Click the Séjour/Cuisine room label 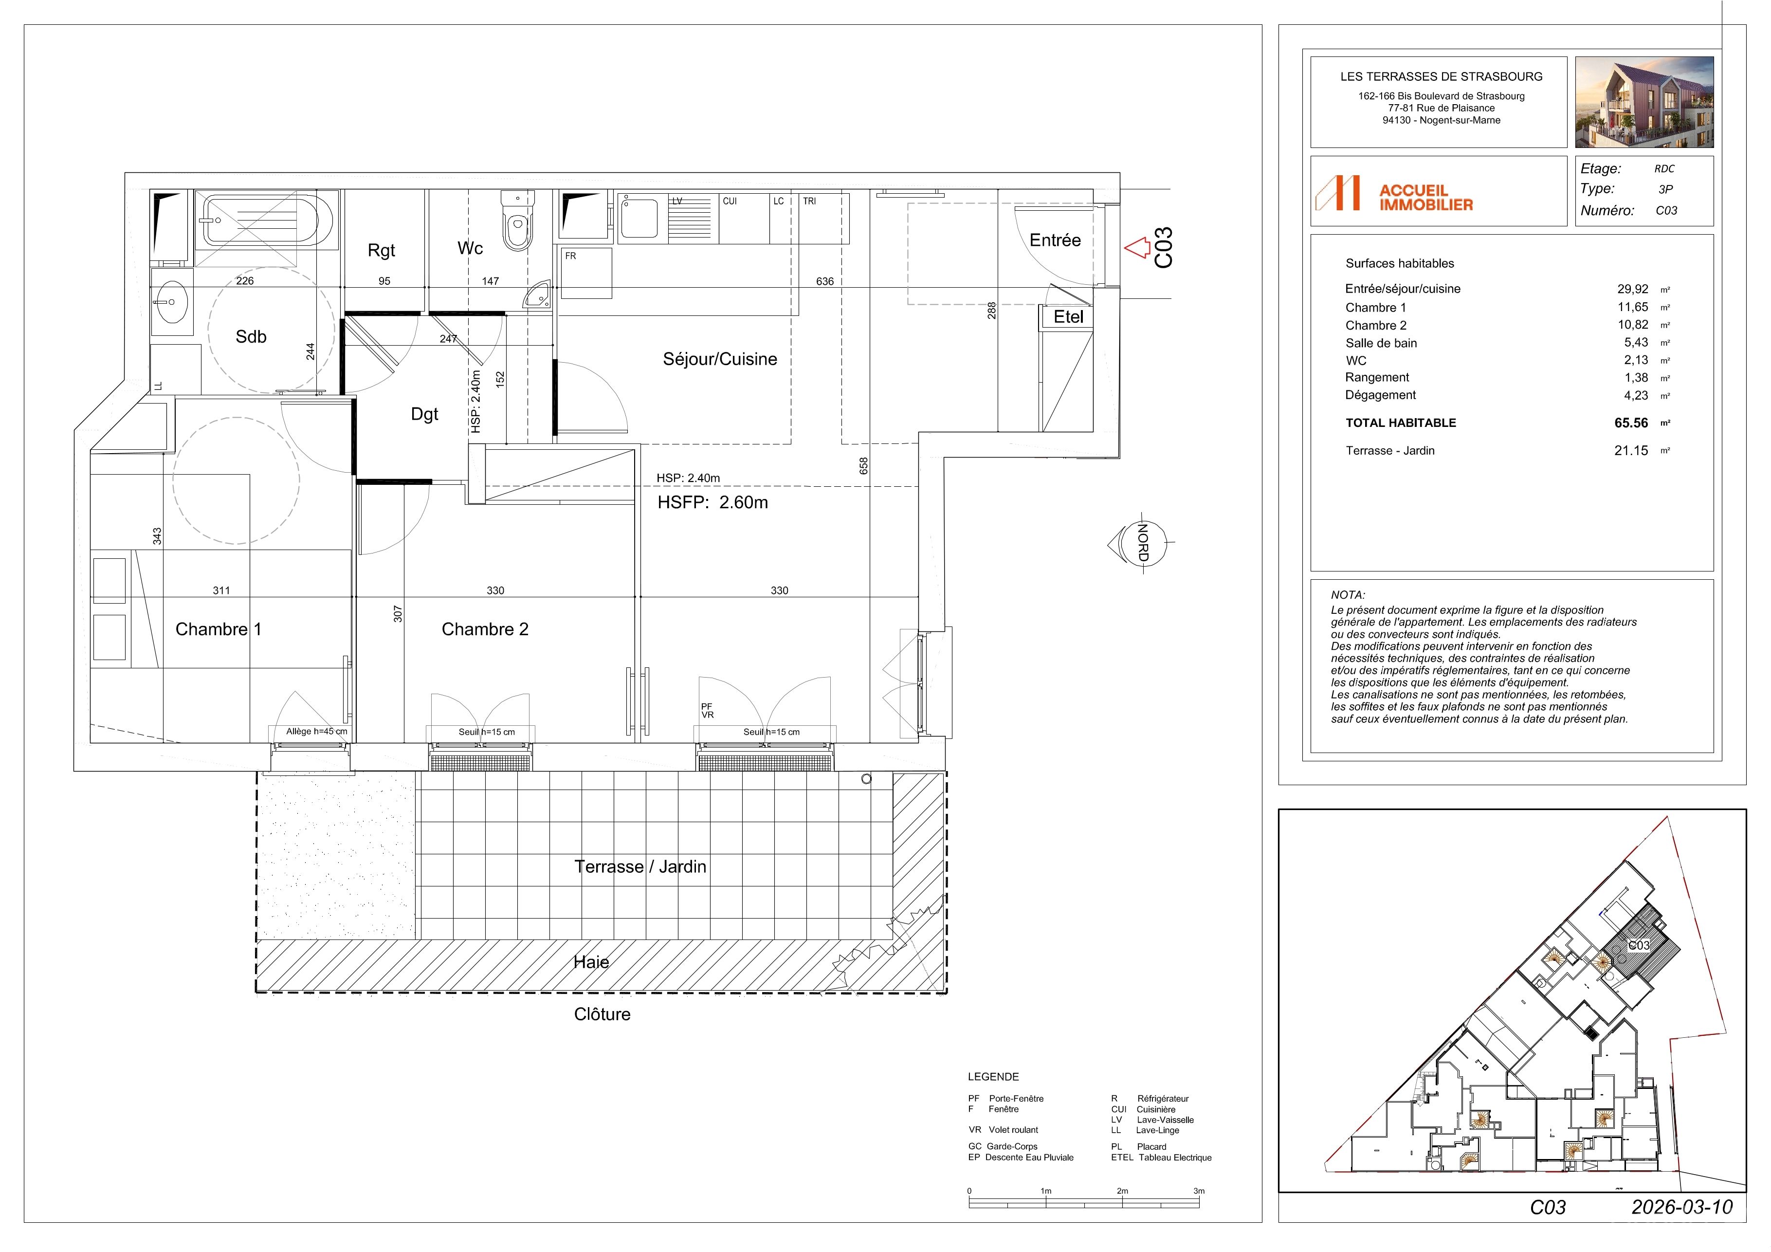(x=720, y=359)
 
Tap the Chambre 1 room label (x=219, y=629)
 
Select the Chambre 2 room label (x=485, y=629)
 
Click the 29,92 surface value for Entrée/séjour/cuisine (x=1632, y=289)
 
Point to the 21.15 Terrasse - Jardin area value (x=1631, y=450)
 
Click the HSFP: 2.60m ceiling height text (x=712, y=502)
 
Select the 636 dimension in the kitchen (x=824, y=281)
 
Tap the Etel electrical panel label (x=1068, y=316)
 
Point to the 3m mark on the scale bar (x=1199, y=1191)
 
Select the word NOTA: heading (x=1348, y=595)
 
